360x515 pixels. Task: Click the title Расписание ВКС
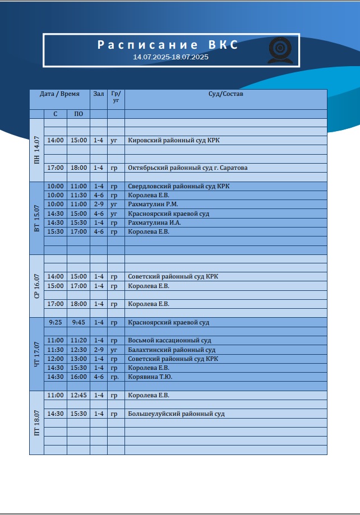tap(168, 45)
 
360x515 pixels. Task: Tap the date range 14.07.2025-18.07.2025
tap(170, 57)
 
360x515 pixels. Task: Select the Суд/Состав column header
tap(225, 94)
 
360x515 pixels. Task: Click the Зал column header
tap(99, 94)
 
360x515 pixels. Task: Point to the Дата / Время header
tap(59, 94)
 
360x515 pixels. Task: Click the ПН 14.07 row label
tap(36, 150)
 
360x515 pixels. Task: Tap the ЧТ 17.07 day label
tap(36, 354)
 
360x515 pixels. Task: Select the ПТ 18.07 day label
tap(36, 423)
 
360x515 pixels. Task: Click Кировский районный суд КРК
tap(174, 141)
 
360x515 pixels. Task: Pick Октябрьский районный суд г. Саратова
tap(188, 168)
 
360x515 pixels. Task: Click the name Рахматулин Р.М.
tap(153, 205)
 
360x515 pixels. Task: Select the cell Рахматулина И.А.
tap(154, 222)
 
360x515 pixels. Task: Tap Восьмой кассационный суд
tap(169, 341)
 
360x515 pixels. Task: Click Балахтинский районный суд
tap(172, 350)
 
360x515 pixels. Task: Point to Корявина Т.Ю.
tap(150, 377)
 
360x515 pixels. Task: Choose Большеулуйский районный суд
tap(176, 414)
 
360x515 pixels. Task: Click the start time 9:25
tap(55, 323)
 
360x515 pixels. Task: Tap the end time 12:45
tap(78, 396)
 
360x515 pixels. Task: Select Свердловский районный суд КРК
tap(179, 186)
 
